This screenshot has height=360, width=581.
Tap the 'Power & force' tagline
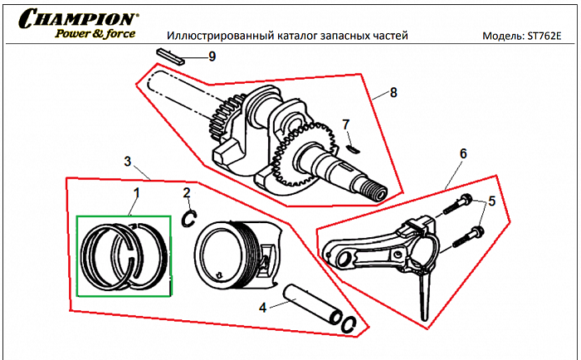96,34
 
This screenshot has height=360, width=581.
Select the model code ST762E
549,37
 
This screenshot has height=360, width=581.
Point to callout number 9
212,56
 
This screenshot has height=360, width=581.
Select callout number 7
346,124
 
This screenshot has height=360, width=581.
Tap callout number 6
462,153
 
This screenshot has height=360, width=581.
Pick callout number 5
491,200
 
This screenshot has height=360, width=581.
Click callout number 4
262,307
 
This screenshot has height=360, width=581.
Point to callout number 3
128,159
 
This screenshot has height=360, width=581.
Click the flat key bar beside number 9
171,54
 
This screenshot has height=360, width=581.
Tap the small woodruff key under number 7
352,150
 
